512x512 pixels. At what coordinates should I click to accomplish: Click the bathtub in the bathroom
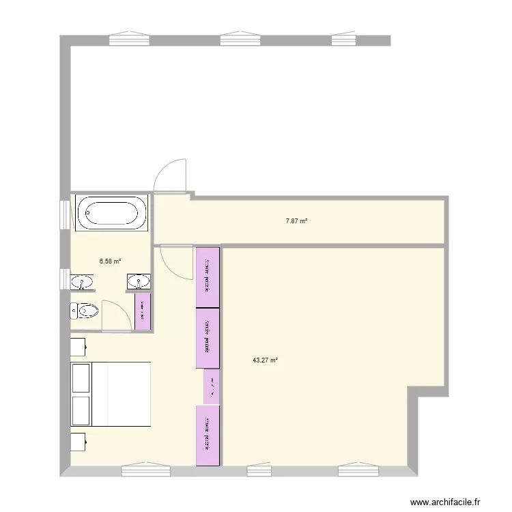click(x=112, y=213)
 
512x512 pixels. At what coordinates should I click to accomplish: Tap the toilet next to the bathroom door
click(x=84, y=311)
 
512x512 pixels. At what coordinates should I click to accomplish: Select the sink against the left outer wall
click(x=82, y=281)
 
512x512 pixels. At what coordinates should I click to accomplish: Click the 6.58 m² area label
click(x=110, y=261)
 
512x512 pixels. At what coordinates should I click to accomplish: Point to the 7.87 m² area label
click(x=296, y=221)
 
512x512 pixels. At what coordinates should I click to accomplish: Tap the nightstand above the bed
click(x=78, y=346)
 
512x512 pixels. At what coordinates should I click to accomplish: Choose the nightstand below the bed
click(x=78, y=442)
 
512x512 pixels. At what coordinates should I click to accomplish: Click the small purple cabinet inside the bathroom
click(x=143, y=311)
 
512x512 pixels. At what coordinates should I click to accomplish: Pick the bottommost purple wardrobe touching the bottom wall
click(x=208, y=436)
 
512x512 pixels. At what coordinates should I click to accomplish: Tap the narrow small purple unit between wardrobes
click(x=212, y=387)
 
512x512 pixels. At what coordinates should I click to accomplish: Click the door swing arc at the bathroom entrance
click(x=113, y=314)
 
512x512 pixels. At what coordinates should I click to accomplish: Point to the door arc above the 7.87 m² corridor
click(x=170, y=176)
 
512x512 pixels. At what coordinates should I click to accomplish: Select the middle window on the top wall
click(x=240, y=40)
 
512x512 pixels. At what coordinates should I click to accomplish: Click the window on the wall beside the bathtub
click(x=65, y=214)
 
